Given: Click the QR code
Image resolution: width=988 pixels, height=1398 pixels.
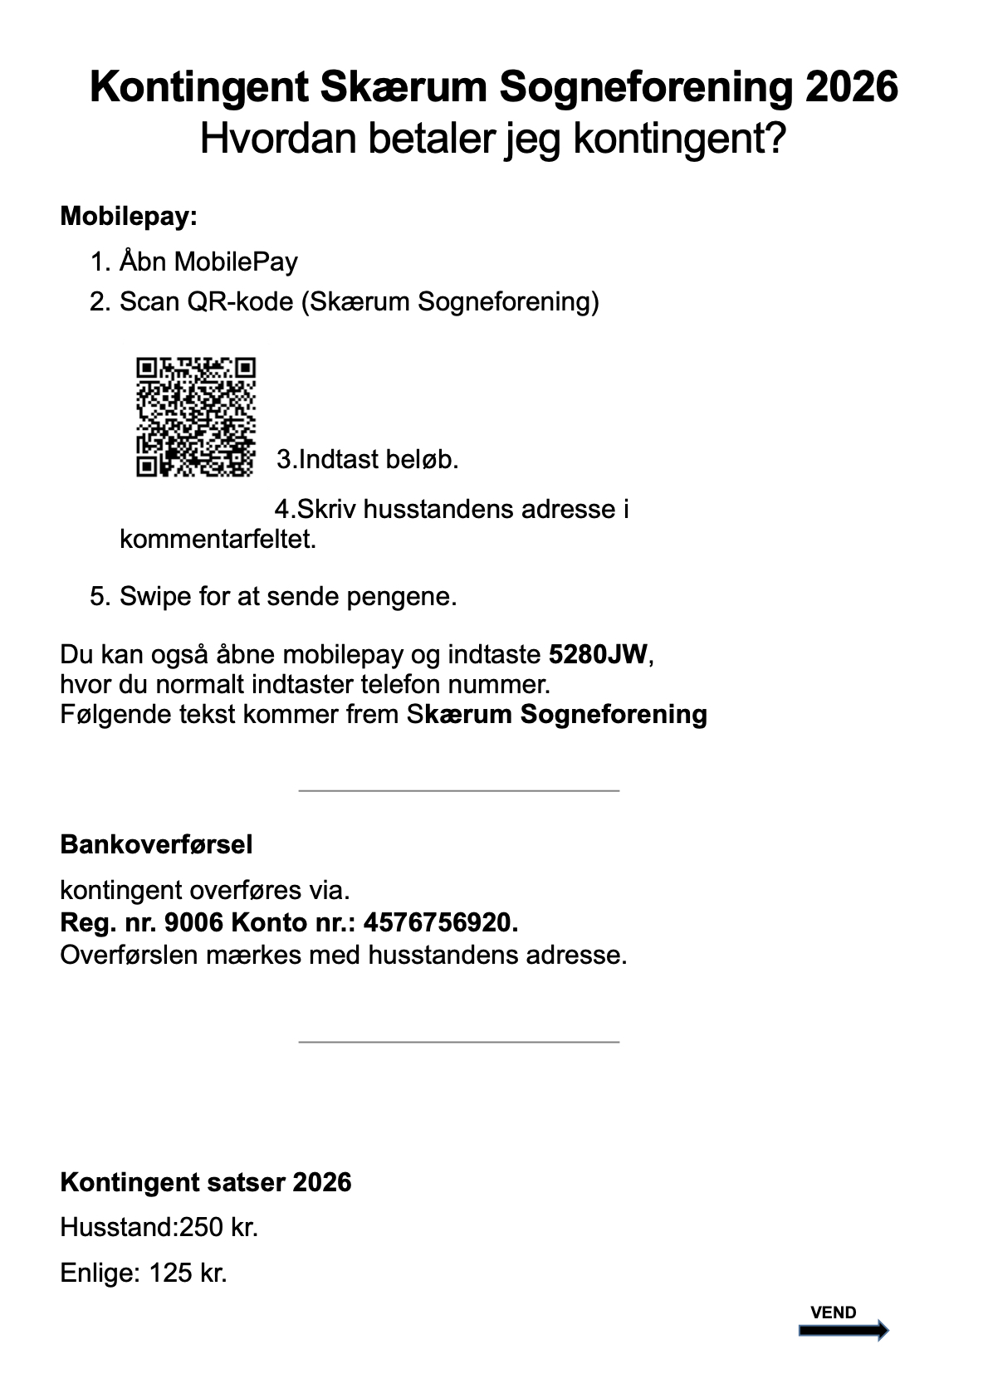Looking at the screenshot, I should point(196,417).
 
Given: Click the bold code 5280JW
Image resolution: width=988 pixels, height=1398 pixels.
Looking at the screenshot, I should point(598,654).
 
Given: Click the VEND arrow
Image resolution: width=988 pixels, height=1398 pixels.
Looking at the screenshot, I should point(843,1331).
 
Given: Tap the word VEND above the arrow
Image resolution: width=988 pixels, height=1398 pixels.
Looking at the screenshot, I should point(833,1312).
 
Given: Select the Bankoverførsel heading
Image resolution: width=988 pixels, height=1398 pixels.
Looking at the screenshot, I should point(156,844).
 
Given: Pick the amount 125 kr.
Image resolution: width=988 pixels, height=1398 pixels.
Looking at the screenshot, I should point(188,1273).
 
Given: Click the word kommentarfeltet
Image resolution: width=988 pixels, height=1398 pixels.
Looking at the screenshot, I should point(218,540).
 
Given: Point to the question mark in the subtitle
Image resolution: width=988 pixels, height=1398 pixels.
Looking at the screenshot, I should point(773,139).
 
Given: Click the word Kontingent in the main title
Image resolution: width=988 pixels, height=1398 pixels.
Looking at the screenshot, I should point(198,87).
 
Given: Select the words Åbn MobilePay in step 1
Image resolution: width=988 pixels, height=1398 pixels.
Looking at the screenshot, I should point(208,262).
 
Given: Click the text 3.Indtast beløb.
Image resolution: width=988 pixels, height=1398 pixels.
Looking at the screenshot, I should point(368,459).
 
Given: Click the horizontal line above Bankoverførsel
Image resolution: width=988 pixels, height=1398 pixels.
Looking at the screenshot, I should point(458,790).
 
